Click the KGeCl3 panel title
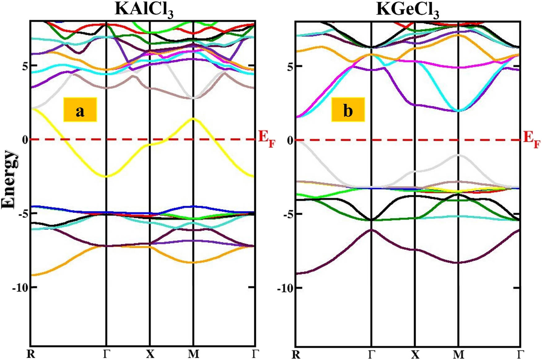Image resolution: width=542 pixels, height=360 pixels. coord(408,10)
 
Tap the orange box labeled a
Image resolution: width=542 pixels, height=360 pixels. coord(80,110)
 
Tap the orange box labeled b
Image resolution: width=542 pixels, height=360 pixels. coord(348,110)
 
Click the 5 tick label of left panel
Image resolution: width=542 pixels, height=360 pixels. coord(25,66)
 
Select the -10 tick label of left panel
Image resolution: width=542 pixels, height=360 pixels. coord(20,288)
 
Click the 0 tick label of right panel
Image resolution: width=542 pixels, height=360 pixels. coord(290,140)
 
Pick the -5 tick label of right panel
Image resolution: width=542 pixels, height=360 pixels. coord(286,214)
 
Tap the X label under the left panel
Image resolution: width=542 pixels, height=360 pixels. coord(150,354)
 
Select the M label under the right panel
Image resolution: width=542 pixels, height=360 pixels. coord(458,354)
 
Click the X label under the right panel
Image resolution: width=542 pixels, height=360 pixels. coord(415,354)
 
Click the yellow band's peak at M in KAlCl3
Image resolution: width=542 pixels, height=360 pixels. coord(193,119)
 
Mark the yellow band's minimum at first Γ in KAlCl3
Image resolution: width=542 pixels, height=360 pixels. coord(107,176)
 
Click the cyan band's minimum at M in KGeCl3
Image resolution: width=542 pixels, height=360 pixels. coord(458,111)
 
